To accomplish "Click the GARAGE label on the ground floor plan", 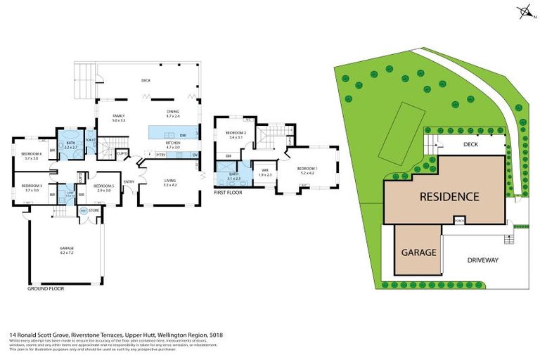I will pyautogui.click(x=67, y=248).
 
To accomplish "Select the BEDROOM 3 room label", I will pyautogui.click(x=32, y=186).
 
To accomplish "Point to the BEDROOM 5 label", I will pyautogui.click(x=103, y=186).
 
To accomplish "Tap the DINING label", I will pyautogui.click(x=173, y=111).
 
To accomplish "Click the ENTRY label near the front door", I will pyautogui.click(x=129, y=182).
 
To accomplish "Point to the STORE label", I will pyautogui.click(x=94, y=210).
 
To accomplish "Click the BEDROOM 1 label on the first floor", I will pyautogui.click(x=307, y=169).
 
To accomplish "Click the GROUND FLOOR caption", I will pyautogui.click(x=46, y=289).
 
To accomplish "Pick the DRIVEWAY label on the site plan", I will pyautogui.click(x=482, y=259).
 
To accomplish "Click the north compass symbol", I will pyautogui.click(x=524, y=11).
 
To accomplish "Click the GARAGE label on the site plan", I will pyautogui.click(x=419, y=252).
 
